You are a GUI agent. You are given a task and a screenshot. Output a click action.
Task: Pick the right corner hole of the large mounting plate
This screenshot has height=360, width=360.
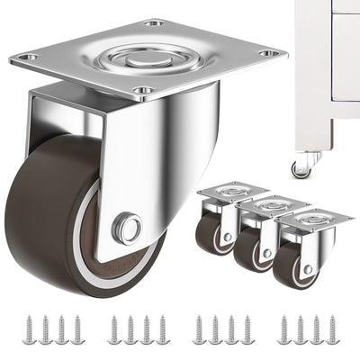click(265, 53)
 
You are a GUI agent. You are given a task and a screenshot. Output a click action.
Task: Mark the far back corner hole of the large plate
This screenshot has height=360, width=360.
click(154, 22)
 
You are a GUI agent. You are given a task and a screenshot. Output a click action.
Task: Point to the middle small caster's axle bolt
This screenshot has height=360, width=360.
click(266, 254)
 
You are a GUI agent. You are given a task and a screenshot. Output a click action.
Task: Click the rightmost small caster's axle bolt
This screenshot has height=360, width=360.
click(309, 268)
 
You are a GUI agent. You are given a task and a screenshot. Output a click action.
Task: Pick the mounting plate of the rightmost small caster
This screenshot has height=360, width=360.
click(311, 218)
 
